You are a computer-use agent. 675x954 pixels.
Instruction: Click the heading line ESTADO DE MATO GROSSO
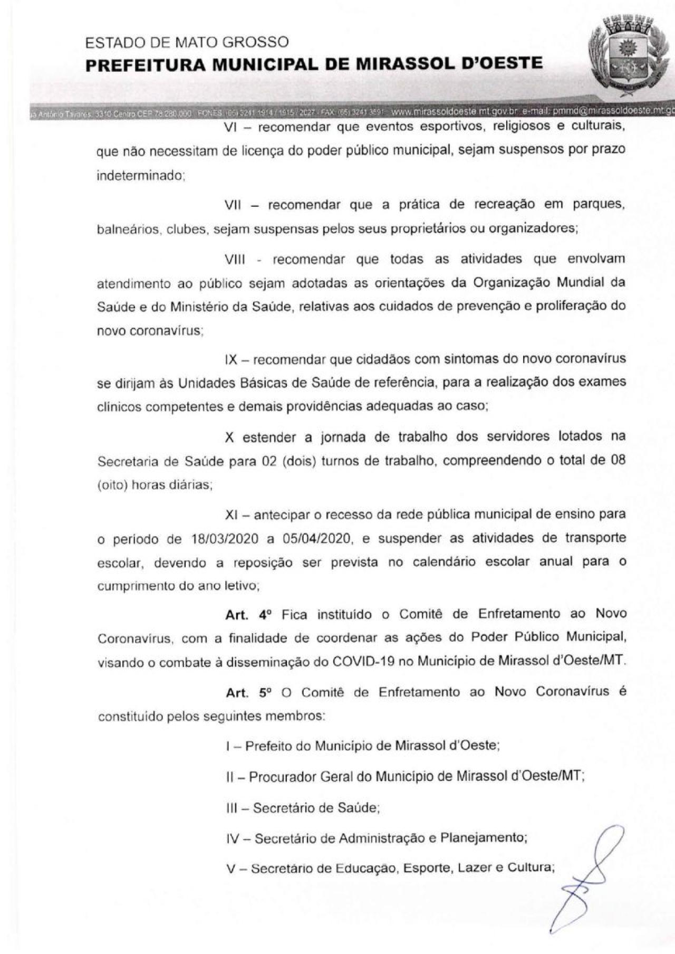tap(187, 42)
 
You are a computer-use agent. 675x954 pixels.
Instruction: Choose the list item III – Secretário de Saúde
tap(303, 808)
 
